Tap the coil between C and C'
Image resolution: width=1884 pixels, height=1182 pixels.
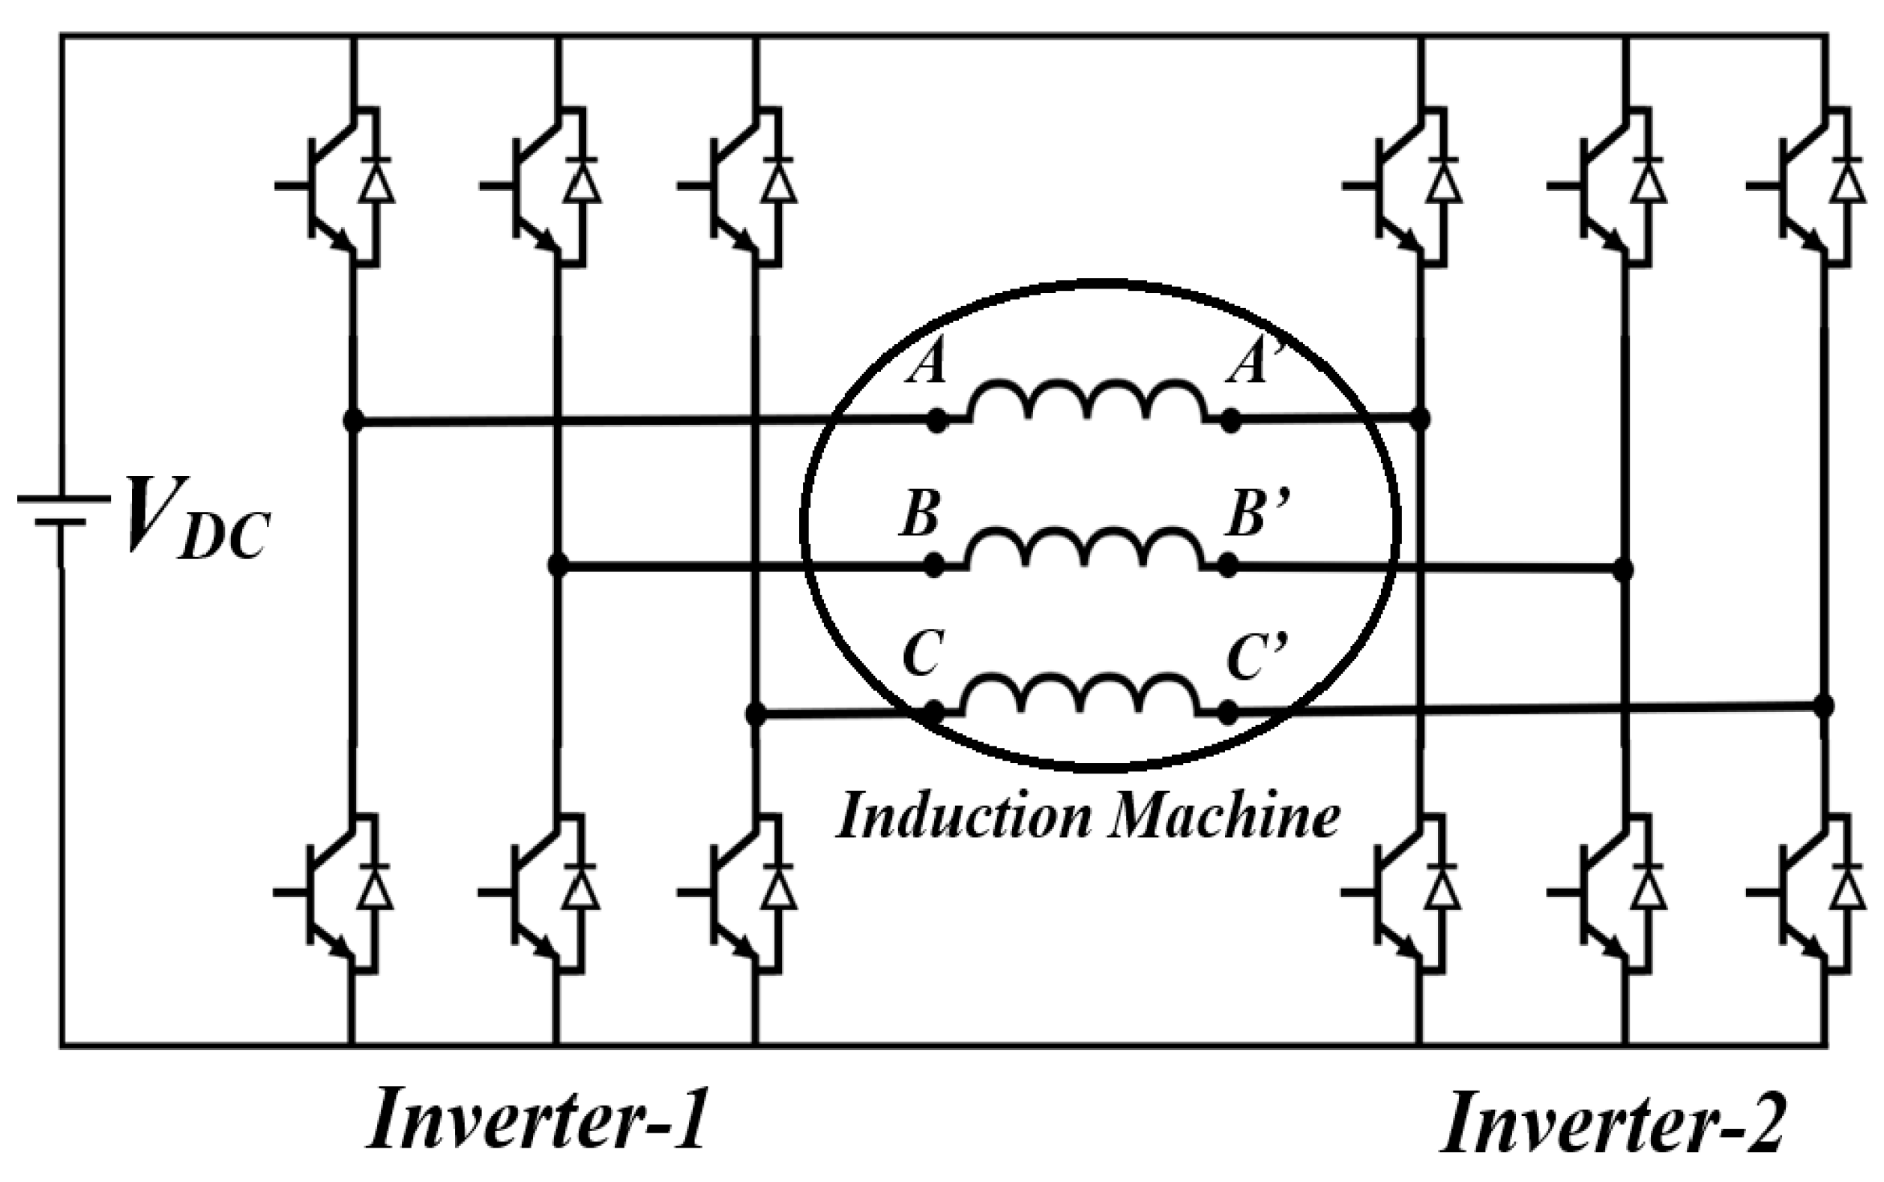(x=1080, y=693)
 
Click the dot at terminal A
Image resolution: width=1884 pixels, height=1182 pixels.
(x=937, y=421)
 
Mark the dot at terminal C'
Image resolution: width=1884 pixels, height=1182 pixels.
(x=1228, y=712)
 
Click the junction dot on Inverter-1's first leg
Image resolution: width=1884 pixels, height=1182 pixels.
(x=353, y=421)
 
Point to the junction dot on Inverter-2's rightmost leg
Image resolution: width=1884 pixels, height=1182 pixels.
(x=1823, y=706)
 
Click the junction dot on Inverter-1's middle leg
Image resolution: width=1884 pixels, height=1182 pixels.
(x=557, y=564)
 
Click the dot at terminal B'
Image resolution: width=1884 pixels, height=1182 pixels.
(x=1228, y=565)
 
